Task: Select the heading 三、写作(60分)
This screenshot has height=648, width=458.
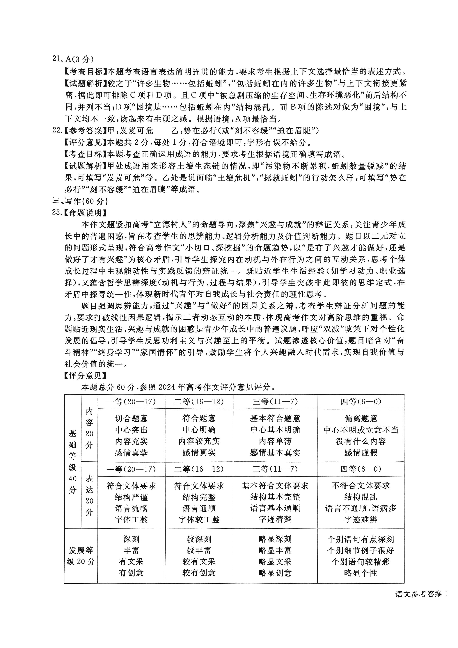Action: [x=80, y=201]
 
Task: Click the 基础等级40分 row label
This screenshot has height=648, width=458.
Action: [x=73, y=461]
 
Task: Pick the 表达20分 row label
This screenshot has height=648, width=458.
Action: [x=89, y=495]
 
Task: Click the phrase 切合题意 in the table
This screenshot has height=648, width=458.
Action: [x=131, y=418]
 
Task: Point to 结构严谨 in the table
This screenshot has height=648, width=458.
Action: [x=131, y=497]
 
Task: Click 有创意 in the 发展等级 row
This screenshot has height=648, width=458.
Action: [x=131, y=573]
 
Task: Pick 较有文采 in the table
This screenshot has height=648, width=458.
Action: [x=199, y=562]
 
